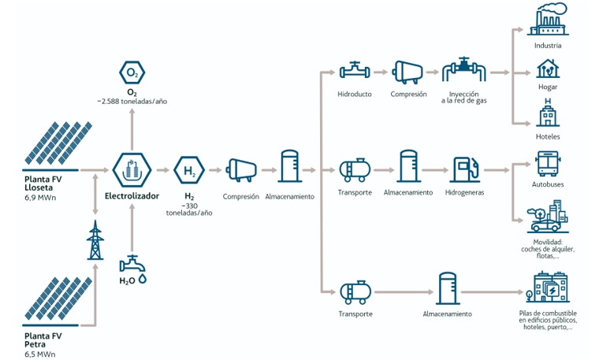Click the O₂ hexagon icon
[x=132, y=72]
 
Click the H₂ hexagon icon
[x=189, y=170]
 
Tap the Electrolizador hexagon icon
[x=132, y=170]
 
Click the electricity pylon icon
[x=95, y=240]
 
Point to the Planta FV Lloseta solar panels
[x=58, y=143]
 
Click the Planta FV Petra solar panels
[x=58, y=299]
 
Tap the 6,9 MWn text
[x=40, y=198]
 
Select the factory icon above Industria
[x=548, y=19]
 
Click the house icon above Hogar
[x=548, y=69]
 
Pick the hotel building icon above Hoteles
[x=548, y=112]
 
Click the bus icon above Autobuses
[x=548, y=163]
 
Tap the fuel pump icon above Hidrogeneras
[x=465, y=169]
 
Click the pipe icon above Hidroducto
[x=355, y=71]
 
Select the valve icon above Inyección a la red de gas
[x=463, y=70]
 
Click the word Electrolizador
[x=132, y=196]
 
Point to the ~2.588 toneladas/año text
[x=132, y=102]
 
